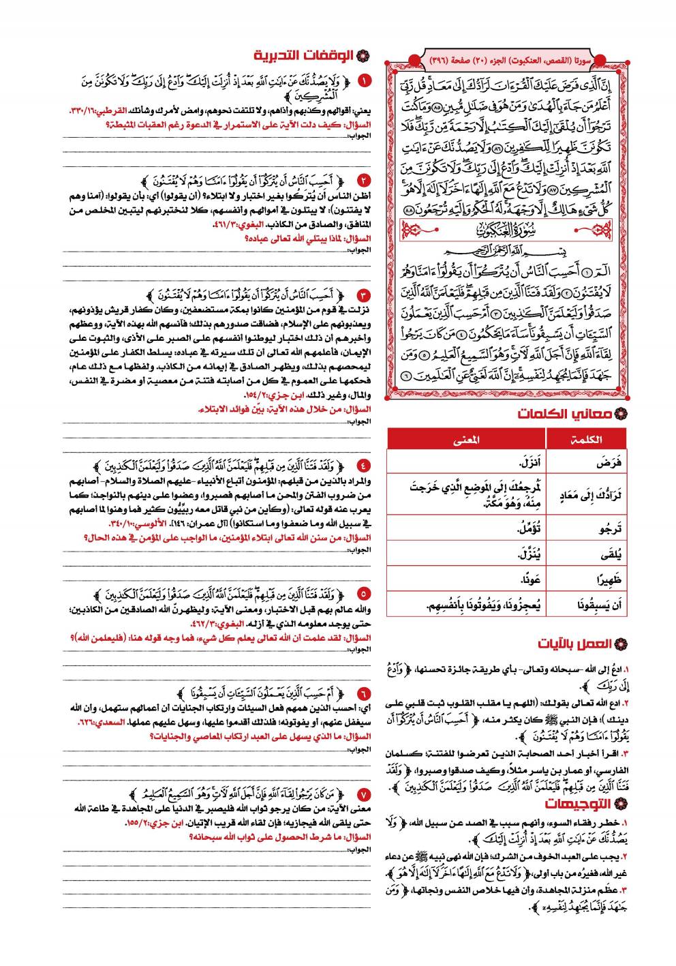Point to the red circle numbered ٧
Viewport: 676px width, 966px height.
tap(365, 796)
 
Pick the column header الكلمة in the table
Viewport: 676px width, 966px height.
tap(587, 440)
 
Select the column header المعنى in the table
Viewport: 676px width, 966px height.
tap(466, 440)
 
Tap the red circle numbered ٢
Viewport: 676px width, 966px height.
tap(365, 181)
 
